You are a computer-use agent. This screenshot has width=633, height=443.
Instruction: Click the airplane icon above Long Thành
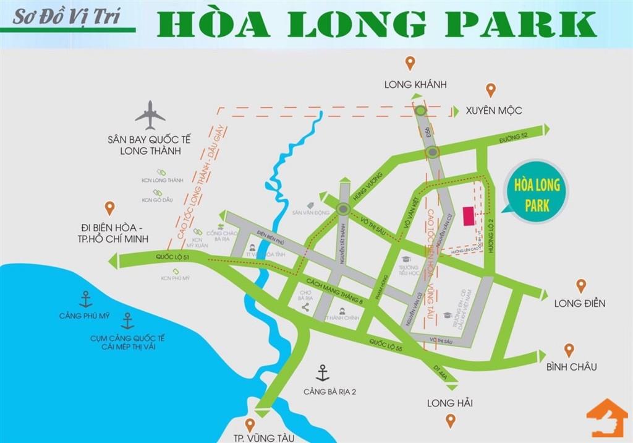(x=150, y=115)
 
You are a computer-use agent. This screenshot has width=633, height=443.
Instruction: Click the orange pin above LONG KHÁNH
(x=409, y=62)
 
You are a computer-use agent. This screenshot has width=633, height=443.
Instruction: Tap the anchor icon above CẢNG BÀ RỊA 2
(x=322, y=373)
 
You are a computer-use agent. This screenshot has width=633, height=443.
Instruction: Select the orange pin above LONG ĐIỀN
(x=580, y=285)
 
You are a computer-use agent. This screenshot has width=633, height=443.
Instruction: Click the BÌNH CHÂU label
(x=571, y=367)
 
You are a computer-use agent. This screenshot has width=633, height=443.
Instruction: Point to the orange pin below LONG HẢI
(x=451, y=421)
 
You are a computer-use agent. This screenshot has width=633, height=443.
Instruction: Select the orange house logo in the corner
(x=608, y=418)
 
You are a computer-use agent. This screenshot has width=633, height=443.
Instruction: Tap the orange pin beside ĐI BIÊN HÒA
(x=109, y=208)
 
